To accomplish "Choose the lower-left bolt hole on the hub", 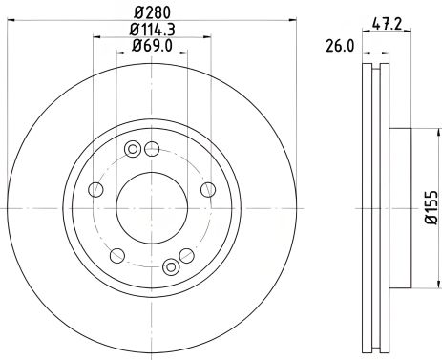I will pos(117,255).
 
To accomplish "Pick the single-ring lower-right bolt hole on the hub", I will pos(187,255).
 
